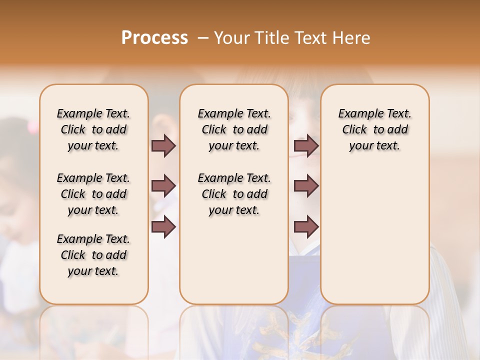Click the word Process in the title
154,38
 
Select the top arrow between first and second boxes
163,145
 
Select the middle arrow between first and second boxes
163,186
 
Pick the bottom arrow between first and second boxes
163,226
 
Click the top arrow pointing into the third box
306,145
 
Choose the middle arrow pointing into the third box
306,186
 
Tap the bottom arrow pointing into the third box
306,226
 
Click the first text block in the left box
93,129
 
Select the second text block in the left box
93,194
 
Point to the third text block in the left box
93,255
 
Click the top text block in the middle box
234,129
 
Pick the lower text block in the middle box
234,194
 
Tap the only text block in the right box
374,129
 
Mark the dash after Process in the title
202,38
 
